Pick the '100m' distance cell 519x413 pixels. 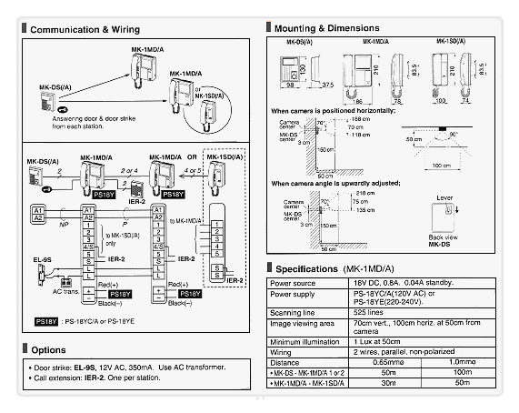coord(462,373)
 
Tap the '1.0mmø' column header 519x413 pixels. coord(462,361)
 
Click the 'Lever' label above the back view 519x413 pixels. coord(444,195)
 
